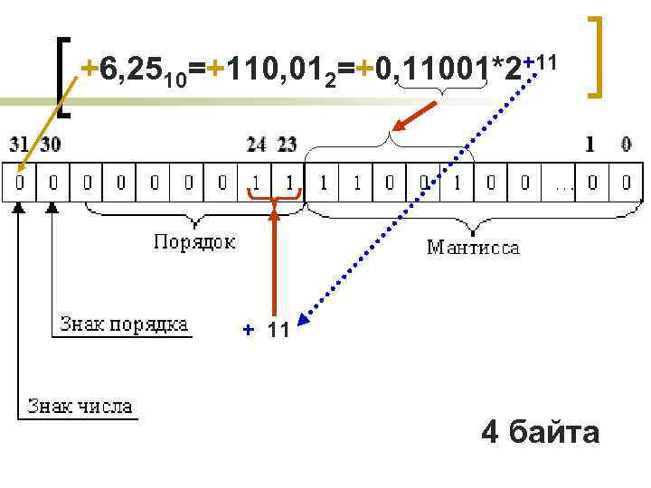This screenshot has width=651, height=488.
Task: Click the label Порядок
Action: pyautogui.click(x=194, y=241)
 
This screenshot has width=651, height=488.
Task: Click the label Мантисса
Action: pyautogui.click(x=473, y=247)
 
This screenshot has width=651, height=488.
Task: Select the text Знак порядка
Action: pyautogui.click(x=124, y=324)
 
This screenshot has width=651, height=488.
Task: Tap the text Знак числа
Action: pyautogui.click(x=80, y=406)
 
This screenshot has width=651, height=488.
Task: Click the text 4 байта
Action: pyautogui.click(x=541, y=432)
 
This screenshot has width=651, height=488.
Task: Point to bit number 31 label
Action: pyautogui.click(x=19, y=143)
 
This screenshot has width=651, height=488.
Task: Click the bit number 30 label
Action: pyautogui.click(x=52, y=143)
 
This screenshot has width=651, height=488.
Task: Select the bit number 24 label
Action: pyautogui.click(x=257, y=143)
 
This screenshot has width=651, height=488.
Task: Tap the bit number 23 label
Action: pyautogui.click(x=287, y=143)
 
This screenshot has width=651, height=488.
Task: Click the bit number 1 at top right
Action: pyautogui.click(x=590, y=143)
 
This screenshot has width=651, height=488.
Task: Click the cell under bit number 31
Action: pyautogui.click(x=19, y=182)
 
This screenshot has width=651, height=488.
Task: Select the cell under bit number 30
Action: pyautogui.click(x=53, y=182)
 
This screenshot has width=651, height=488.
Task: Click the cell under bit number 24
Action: pyautogui.click(x=257, y=182)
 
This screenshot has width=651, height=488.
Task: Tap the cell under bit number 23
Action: pyautogui.click(x=290, y=182)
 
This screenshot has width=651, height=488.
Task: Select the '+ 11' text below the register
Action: pyautogui.click(x=268, y=331)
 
